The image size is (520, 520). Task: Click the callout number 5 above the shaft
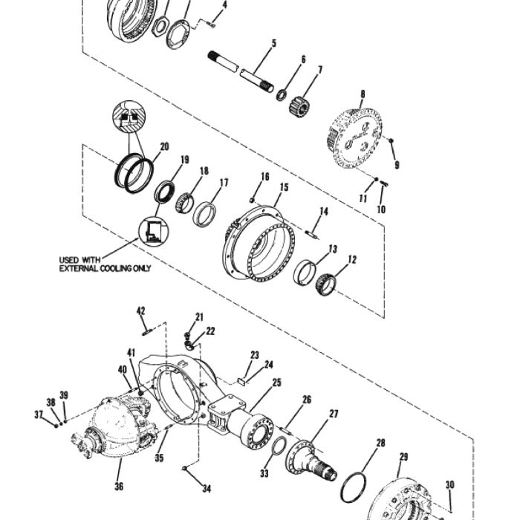[x=273, y=44]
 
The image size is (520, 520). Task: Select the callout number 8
[x=363, y=94]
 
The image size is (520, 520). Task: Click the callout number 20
[x=164, y=146]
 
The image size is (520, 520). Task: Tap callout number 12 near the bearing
[x=352, y=260]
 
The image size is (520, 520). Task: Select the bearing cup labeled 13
[x=304, y=273]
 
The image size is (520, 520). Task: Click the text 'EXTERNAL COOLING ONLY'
[x=105, y=267]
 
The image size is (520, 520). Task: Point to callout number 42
[x=141, y=311]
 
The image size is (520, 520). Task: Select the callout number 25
[x=276, y=383]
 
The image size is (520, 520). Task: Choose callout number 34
[x=207, y=488]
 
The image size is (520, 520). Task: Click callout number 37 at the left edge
[x=38, y=414]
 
